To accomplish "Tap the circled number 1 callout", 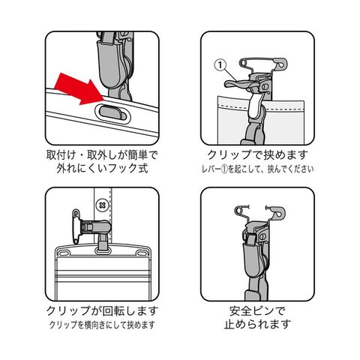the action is [220, 65].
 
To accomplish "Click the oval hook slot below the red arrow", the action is [112, 113].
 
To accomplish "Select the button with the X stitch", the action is [102, 205].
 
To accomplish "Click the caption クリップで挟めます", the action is [257, 155].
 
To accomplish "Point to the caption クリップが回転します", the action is [102, 310].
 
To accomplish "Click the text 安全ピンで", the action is [257, 310].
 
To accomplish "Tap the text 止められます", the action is [257, 324].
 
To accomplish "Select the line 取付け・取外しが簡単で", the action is [102, 155].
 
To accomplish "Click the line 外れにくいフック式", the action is [102, 168].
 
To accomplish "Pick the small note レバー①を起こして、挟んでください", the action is [257, 169].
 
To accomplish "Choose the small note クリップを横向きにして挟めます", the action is [102, 325].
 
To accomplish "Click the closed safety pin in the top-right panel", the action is [263, 63].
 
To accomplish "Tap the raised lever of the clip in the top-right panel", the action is [238, 84].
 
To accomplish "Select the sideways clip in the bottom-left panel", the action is [96, 227].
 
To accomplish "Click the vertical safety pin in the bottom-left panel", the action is [76, 226].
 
